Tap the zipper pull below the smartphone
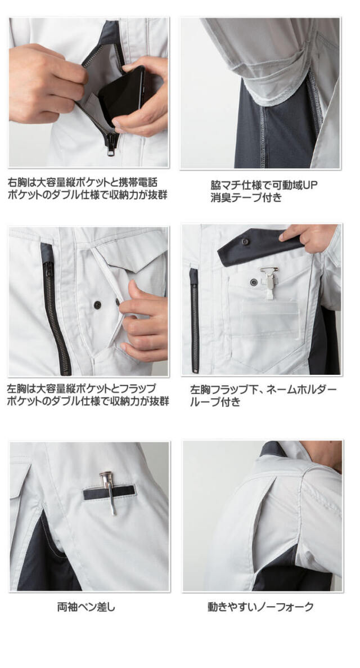pyautogui.click(x=111, y=145)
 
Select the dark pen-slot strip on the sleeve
pyautogui.click(x=110, y=492)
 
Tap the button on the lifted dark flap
pyautogui.click(x=245, y=241)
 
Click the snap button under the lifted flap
pyautogui.click(x=253, y=282)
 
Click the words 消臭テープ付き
pyautogui.click(x=246, y=198)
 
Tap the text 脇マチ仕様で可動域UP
pyautogui.click(x=264, y=185)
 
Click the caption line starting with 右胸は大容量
pyautogui.click(x=83, y=182)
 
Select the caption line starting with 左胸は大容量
pyautogui.click(x=82, y=388)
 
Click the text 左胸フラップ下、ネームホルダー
pyautogui.click(x=263, y=389)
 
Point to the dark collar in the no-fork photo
pyautogui.click(x=273, y=449)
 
